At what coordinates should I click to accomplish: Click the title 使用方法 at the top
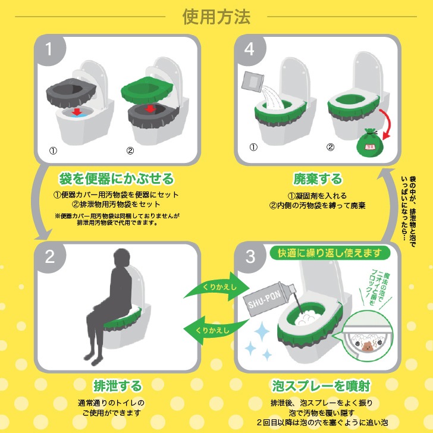point(216,16)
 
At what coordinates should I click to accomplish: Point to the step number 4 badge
point(250,50)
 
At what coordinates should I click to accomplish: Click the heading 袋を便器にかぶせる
point(116,178)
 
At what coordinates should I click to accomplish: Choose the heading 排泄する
point(117,385)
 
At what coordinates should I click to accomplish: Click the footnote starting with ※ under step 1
point(117,219)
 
